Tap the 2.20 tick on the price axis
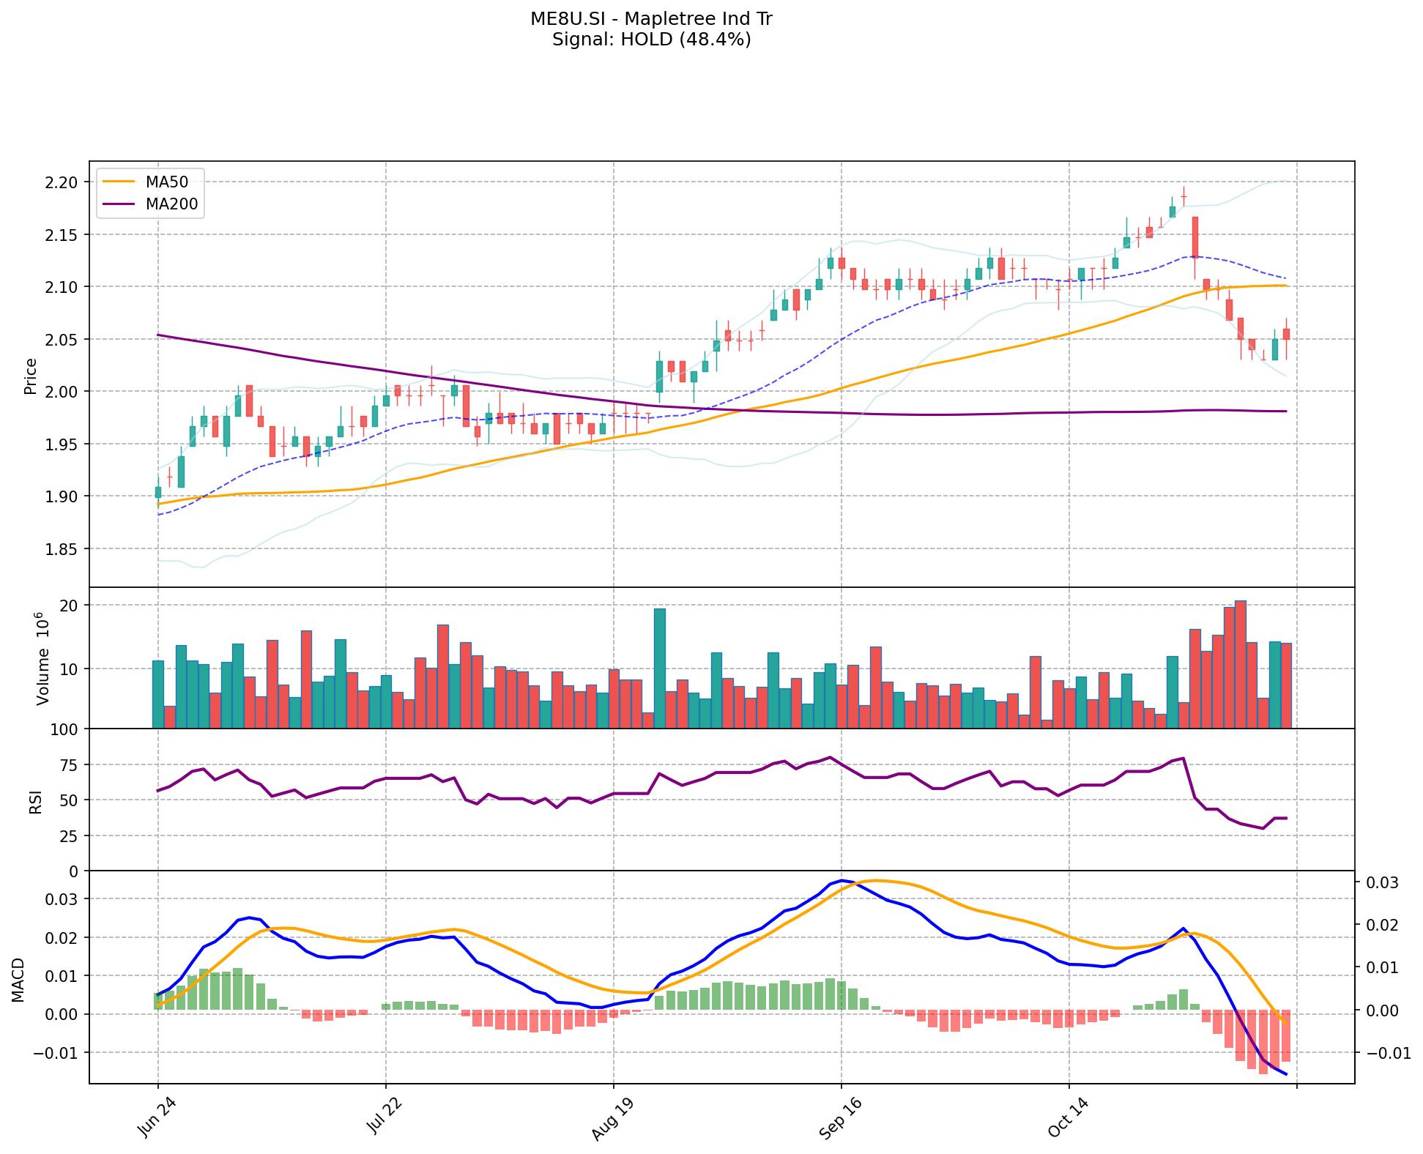click(x=62, y=182)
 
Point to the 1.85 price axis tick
click(x=62, y=548)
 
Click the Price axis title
click(x=31, y=376)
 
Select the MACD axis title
click(x=18, y=980)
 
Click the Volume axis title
click(x=42, y=659)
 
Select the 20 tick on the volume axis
click(x=70, y=606)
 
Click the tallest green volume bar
click(x=659, y=668)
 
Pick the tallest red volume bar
click(x=1240, y=664)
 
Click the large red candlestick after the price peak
click(x=1194, y=237)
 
